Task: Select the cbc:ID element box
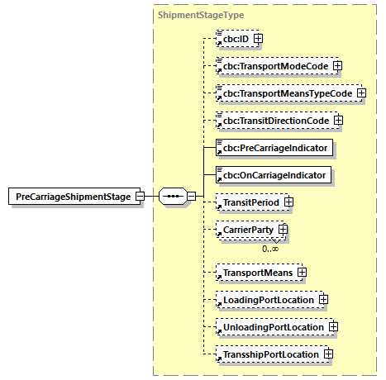click(233, 39)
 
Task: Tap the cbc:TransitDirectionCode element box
click(272, 121)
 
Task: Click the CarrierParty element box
click(245, 229)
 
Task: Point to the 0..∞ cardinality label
click(269, 248)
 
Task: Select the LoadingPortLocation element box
click(265, 299)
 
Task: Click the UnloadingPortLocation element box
click(269, 327)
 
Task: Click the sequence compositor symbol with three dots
click(172, 197)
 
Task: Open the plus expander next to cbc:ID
click(259, 39)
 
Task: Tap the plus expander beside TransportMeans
click(302, 272)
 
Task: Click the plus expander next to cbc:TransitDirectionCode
click(337, 121)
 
